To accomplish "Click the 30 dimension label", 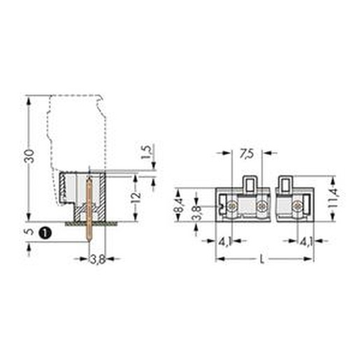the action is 30,156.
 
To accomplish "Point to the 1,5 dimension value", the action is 146,152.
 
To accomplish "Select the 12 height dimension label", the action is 136,198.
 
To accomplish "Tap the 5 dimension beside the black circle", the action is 29,231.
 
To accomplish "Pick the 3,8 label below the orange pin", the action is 98,259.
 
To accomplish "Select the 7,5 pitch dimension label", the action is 247,154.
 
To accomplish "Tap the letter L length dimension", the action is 262,259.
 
